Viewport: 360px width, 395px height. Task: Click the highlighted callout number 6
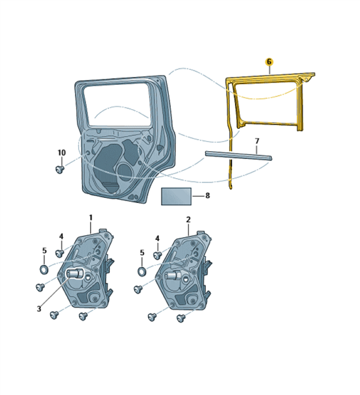(269, 62)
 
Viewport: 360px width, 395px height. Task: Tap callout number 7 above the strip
(257, 141)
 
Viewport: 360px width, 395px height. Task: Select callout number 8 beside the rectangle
(208, 195)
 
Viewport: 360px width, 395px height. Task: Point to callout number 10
(62, 152)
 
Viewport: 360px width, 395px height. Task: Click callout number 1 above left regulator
(91, 218)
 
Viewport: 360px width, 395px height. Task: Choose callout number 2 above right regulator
(189, 220)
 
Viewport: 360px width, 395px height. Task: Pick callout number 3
(39, 309)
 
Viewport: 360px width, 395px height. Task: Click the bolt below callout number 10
(60, 170)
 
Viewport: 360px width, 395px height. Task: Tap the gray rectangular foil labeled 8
(176, 197)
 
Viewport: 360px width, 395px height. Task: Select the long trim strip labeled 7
(238, 156)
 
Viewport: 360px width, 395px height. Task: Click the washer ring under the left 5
(44, 269)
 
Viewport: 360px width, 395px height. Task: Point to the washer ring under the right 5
(142, 271)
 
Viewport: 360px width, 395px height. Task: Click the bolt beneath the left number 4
(59, 252)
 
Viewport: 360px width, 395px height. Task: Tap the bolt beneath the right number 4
(158, 255)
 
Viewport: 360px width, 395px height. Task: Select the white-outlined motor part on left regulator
(74, 273)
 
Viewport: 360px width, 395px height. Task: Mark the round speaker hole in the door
(125, 172)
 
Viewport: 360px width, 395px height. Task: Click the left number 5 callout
(44, 250)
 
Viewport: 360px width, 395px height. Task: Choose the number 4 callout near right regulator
(158, 239)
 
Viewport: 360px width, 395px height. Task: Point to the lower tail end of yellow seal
(231, 187)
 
